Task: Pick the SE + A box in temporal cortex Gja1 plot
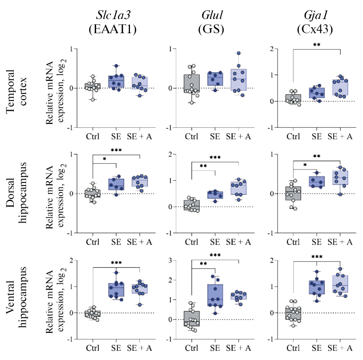340,88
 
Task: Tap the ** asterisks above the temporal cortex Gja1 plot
316,46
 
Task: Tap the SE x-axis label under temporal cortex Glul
215,137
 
